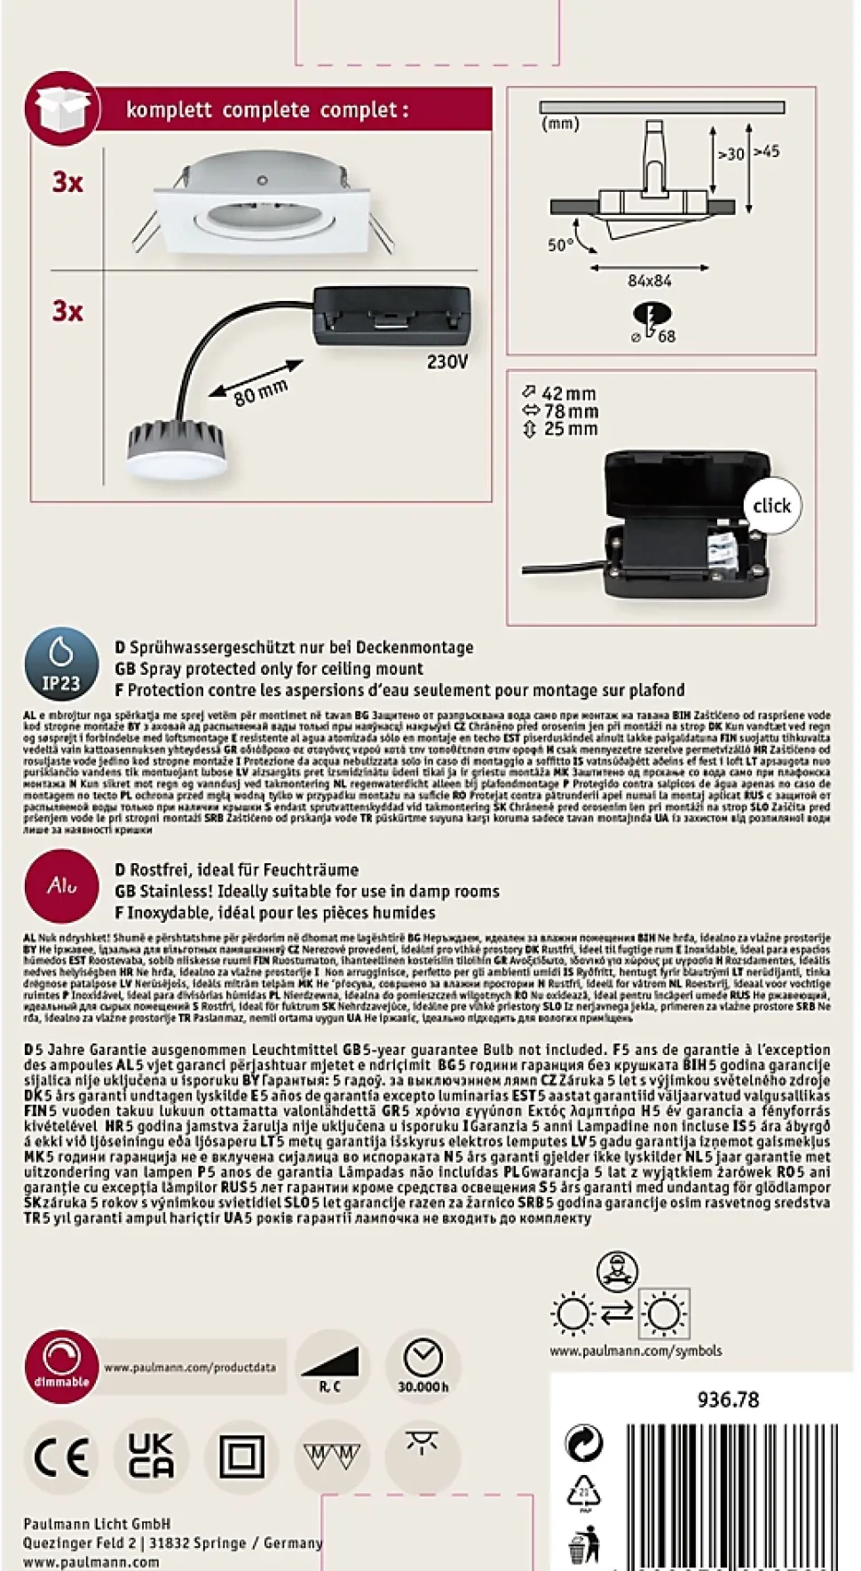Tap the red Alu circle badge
tap(61, 885)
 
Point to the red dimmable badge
tap(61, 1366)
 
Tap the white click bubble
tap(770, 506)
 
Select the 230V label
tap(446, 362)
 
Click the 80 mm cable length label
tap(260, 392)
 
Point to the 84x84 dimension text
tap(649, 281)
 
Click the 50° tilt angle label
tap(560, 244)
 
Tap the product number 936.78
tap(728, 1400)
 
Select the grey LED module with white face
tap(173, 448)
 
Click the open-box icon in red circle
tap(61, 108)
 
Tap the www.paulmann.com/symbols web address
tap(635, 1351)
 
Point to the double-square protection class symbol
tap(241, 1457)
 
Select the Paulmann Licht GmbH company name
tap(97, 1524)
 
